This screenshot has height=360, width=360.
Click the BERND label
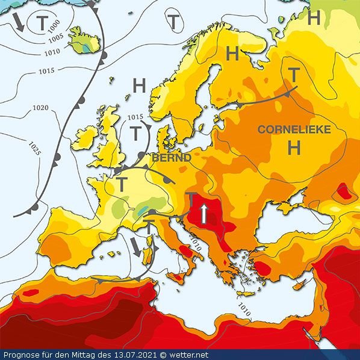172,157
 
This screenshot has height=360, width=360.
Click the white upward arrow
205,213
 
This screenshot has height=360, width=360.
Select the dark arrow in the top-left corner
18,22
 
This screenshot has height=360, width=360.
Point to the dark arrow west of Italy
138,246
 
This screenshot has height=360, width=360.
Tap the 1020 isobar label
40,108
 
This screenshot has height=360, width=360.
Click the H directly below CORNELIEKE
294,147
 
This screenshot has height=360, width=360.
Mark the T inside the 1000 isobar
41,23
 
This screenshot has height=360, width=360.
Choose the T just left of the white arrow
190,198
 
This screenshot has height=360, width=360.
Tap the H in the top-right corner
313,18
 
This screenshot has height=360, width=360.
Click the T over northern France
121,184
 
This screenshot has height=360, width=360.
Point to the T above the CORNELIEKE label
294,75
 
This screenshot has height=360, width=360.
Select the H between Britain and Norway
139,86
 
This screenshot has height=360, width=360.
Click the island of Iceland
84,40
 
